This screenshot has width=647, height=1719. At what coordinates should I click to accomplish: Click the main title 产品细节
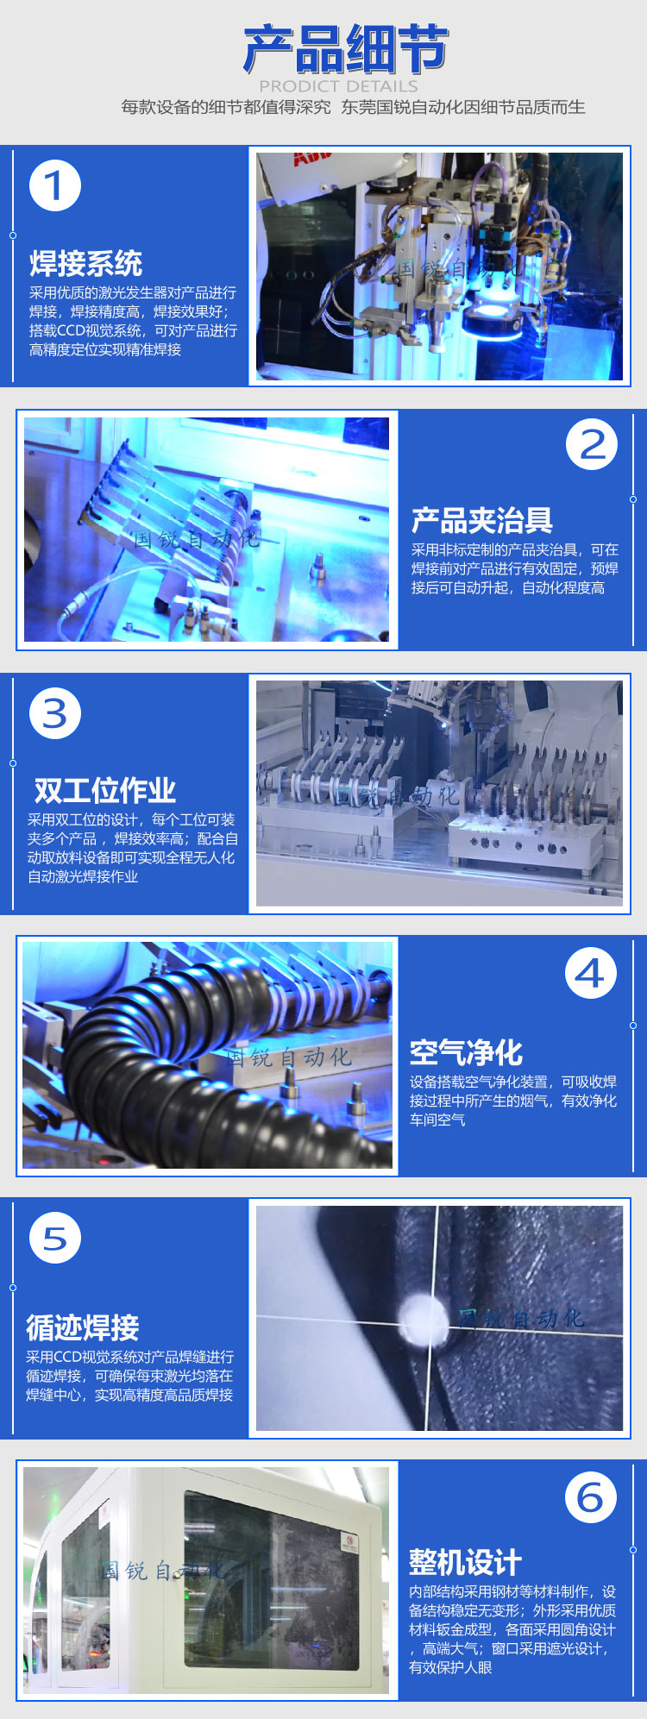pyautogui.click(x=345, y=49)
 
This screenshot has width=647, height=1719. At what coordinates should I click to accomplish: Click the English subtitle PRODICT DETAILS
pyautogui.click(x=338, y=86)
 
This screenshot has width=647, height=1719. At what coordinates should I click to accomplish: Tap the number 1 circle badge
pyautogui.click(x=55, y=185)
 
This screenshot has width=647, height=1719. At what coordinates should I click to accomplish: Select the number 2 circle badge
pyautogui.click(x=592, y=445)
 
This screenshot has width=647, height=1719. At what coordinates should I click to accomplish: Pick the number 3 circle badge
pyautogui.click(x=55, y=713)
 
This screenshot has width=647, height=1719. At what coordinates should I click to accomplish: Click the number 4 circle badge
pyautogui.click(x=591, y=974)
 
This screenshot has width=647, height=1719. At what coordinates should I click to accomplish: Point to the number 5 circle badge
pyautogui.click(x=55, y=1239)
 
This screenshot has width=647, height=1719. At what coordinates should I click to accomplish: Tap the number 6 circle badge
pyautogui.click(x=591, y=1498)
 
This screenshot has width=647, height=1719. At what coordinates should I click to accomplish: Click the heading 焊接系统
pyautogui.click(x=86, y=263)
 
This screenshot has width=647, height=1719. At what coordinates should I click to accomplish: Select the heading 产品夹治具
pyautogui.click(x=482, y=520)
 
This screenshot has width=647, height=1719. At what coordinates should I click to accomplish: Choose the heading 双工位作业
pyautogui.click(x=104, y=790)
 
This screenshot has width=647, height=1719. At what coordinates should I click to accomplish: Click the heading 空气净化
pyautogui.click(x=467, y=1052)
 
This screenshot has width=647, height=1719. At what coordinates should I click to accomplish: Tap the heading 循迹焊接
pyautogui.click(x=83, y=1327)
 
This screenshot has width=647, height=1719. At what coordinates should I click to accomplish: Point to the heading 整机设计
pyautogui.click(x=466, y=1562)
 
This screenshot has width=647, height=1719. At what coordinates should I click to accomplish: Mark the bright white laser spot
pyautogui.click(x=424, y=1317)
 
